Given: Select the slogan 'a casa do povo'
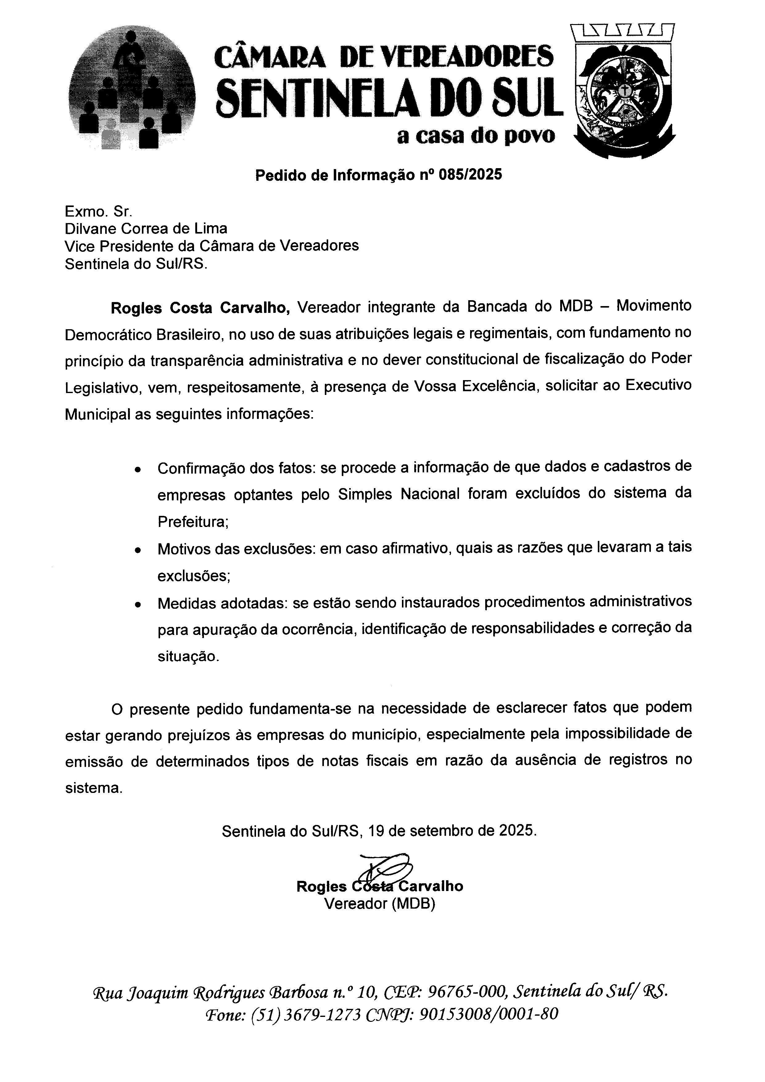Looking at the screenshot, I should point(476,136).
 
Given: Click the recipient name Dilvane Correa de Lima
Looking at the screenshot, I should point(146,229).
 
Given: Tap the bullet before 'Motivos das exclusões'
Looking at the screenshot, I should point(137,550).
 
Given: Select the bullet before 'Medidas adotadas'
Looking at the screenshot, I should point(137,605).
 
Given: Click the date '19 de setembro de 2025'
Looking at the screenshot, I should point(452,844).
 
